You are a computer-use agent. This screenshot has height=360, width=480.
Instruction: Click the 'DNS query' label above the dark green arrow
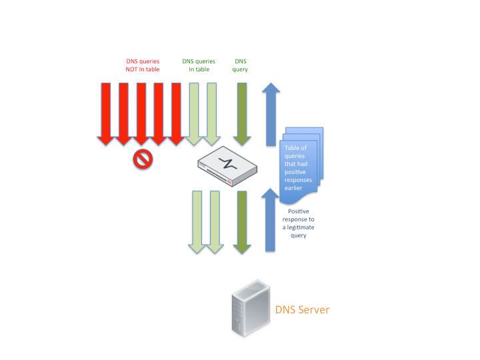pos(240,65)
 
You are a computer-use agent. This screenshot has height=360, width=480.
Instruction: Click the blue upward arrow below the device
pos(271,220)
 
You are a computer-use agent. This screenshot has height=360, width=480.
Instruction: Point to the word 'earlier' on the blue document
pos(294,189)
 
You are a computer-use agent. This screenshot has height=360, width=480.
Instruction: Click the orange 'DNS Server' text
pos(302,310)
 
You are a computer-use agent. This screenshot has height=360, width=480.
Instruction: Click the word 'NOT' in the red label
pos(132,69)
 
